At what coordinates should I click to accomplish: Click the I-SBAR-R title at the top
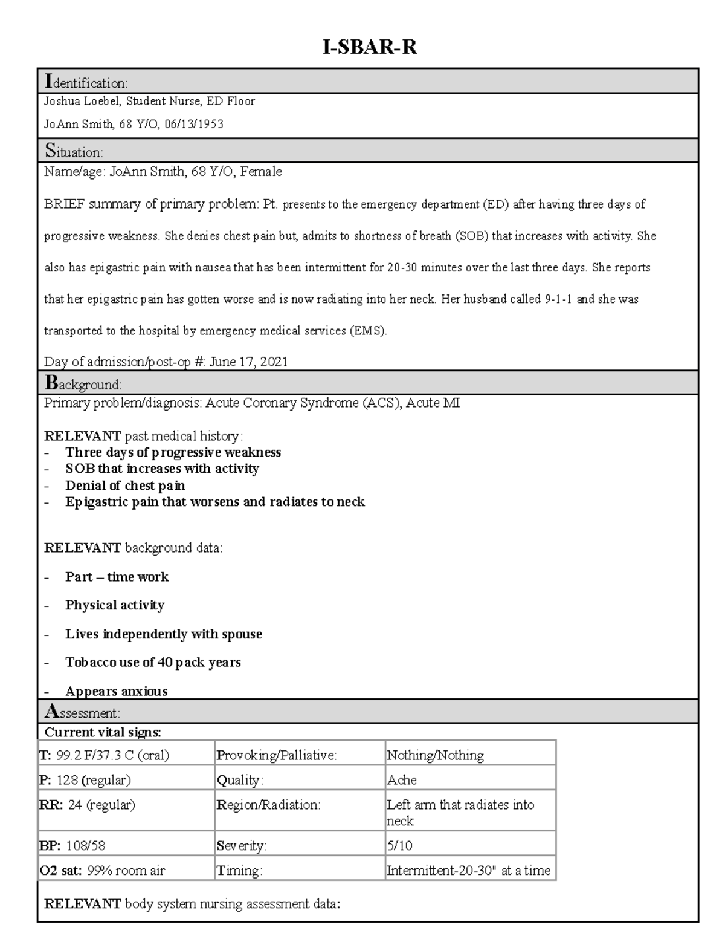[369, 47]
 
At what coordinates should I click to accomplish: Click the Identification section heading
[86, 82]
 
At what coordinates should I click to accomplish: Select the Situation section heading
[74, 151]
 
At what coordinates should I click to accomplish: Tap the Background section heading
[83, 383]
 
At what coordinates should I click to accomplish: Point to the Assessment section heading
[82, 712]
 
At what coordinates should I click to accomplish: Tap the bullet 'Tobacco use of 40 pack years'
[153, 662]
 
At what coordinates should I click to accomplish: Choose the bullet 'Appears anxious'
[116, 691]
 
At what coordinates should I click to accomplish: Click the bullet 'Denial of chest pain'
[125, 486]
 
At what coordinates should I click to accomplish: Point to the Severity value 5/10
[399, 845]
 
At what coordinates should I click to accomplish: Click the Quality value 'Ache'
[402, 780]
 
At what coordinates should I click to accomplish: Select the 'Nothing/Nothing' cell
[435, 755]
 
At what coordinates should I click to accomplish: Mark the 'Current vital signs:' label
[103, 732]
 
